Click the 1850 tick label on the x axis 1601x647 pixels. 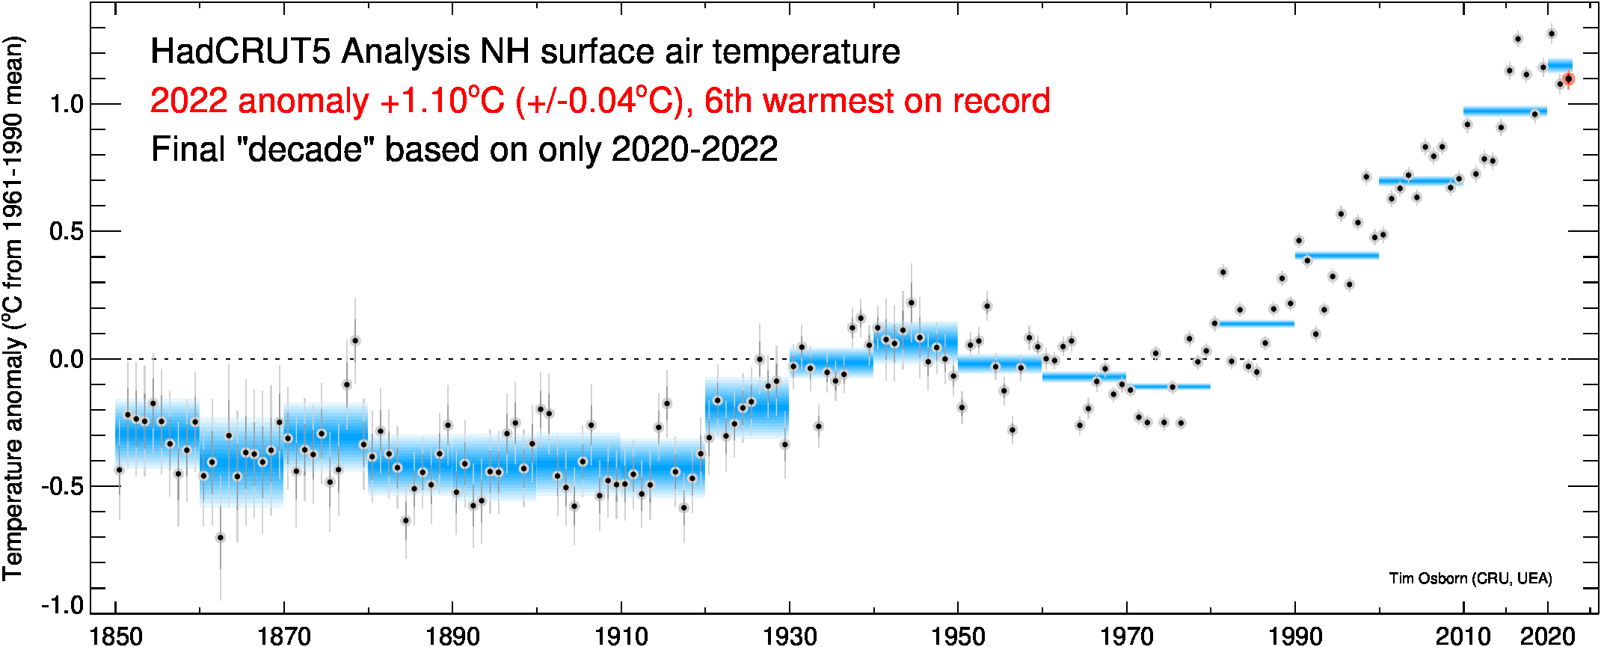116,636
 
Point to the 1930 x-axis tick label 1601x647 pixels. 790,636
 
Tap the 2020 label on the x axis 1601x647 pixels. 1548,636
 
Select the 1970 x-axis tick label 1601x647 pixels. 1127,636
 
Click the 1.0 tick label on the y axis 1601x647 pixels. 66,104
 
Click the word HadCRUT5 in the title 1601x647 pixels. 241,52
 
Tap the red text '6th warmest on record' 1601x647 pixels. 877,101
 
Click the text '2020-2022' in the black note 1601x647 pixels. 695,150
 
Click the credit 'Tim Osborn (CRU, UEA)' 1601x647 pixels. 1470,578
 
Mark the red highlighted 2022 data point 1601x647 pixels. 1568,79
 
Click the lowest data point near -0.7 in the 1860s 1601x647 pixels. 220,538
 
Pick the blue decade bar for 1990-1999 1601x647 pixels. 1337,256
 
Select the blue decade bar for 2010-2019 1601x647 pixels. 1505,111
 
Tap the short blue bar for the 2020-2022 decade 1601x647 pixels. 1560,64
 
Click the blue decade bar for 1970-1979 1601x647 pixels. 1168,387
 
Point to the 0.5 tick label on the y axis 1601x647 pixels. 66,232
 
